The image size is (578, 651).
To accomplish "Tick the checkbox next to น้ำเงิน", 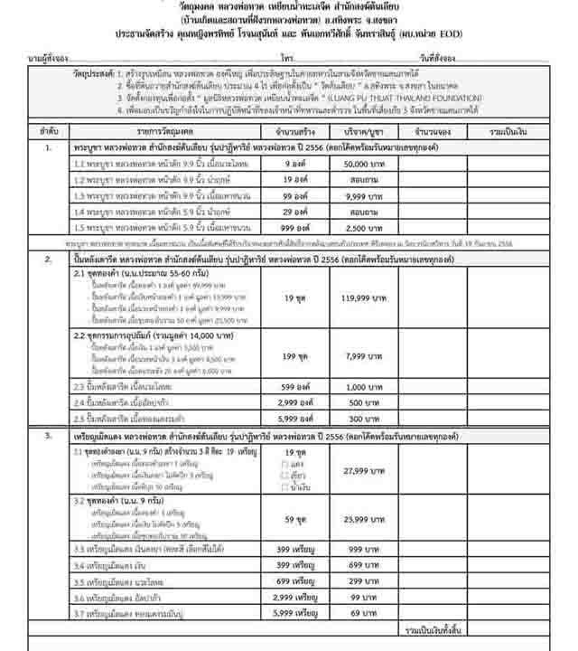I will tap(285, 486).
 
